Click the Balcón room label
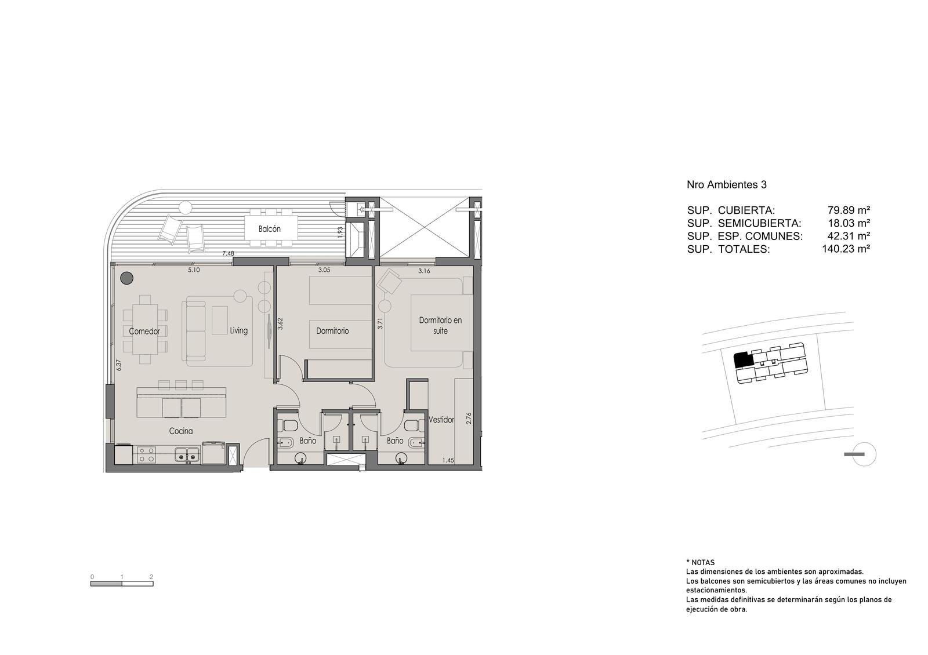click(x=269, y=229)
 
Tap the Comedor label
click(x=144, y=331)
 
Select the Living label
click(x=238, y=330)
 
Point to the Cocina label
click(x=180, y=431)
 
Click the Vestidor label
click(x=441, y=420)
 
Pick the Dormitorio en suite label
click(x=440, y=325)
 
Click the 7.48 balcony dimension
click(x=228, y=253)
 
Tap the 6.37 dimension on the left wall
click(x=119, y=365)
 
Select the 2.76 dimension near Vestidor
click(x=469, y=418)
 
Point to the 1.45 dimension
click(x=448, y=460)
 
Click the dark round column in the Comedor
click(x=127, y=278)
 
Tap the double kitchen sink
click(x=187, y=454)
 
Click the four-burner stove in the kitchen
click(x=146, y=454)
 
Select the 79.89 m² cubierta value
click(x=849, y=210)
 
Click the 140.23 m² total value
click(x=846, y=249)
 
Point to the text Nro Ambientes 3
click(x=727, y=185)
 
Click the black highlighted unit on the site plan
click(x=742, y=360)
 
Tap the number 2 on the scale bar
click(x=151, y=577)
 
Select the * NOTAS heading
click(x=700, y=563)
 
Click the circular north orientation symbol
click(x=865, y=454)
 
